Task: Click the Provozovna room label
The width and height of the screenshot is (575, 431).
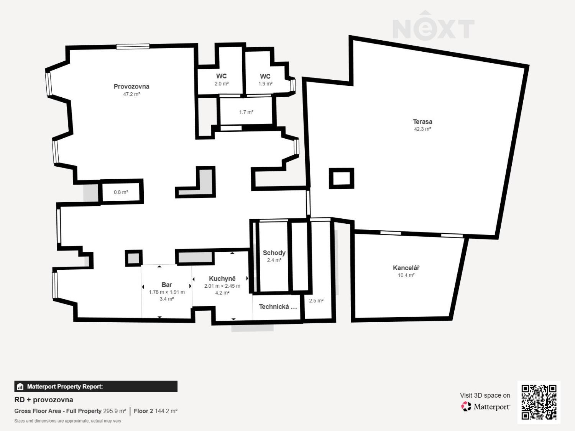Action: coord(131,86)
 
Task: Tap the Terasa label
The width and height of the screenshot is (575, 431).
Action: coord(422,122)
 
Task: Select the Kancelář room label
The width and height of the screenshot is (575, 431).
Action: coord(406,268)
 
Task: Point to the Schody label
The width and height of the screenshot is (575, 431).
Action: coord(274,253)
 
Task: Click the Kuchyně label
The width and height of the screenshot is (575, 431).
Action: coord(222,279)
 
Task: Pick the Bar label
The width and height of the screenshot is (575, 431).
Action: coord(167,285)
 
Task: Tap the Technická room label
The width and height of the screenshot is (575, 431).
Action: coord(278,307)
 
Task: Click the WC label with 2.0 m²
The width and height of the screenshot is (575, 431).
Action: coord(221,76)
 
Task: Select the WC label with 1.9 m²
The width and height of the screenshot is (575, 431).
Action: coord(265,76)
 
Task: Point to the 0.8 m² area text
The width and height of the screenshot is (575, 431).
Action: coord(121,192)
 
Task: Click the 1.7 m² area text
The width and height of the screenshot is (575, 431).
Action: coord(246,112)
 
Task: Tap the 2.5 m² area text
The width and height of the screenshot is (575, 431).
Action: coord(316,301)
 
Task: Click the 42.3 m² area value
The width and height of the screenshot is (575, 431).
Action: coord(422,129)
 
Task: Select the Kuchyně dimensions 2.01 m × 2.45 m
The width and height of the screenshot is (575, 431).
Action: coord(222,286)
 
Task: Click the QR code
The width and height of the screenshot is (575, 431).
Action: coord(539,402)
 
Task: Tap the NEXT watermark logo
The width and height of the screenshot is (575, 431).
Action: coord(434,26)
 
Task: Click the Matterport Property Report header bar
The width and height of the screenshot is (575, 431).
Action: coord(96,387)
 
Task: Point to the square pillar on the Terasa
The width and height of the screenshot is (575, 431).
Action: coord(342,178)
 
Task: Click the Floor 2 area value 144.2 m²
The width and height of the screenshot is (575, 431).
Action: coord(166,411)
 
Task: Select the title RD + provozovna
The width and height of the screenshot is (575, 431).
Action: coord(44,400)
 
